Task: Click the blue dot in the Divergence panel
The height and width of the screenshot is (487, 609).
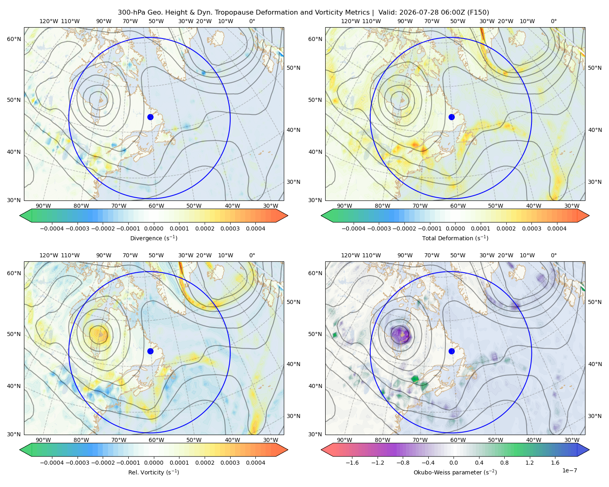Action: [x=150, y=117]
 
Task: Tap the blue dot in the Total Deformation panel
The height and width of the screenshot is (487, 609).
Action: [x=451, y=117]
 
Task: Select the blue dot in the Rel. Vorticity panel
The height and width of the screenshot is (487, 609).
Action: [x=150, y=351]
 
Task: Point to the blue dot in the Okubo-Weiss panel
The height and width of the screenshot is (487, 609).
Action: [x=451, y=351]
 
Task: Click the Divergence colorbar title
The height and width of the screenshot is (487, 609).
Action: [x=153, y=238]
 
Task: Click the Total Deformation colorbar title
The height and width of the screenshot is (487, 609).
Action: [x=455, y=238]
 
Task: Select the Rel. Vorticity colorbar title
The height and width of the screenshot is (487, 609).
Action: [x=153, y=472]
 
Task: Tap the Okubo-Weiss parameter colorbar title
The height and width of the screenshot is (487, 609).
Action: [x=455, y=472]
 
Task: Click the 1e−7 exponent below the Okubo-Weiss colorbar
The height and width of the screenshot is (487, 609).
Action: [x=569, y=470]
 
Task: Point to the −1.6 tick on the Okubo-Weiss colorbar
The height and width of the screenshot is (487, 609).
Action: [x=352, y=462]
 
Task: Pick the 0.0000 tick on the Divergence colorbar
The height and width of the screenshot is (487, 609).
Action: [x=153, y=228]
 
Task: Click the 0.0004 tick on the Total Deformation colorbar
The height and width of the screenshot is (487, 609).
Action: [x=557, y=228]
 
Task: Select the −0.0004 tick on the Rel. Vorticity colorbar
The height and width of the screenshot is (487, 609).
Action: [x=52, y=462]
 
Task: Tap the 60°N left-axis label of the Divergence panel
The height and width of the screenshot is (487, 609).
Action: [x=14, y=39]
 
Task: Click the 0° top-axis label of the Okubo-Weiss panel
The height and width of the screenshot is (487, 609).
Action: [x=553, y=255]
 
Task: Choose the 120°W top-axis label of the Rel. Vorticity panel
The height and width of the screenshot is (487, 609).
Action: [x=49, y=255]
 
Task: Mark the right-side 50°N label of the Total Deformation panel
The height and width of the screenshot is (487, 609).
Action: [x=594, y=68]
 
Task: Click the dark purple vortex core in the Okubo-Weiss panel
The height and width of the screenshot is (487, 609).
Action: [x=400, y=335]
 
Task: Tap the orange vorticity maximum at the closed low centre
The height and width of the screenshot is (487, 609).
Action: [x=99, y=334]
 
